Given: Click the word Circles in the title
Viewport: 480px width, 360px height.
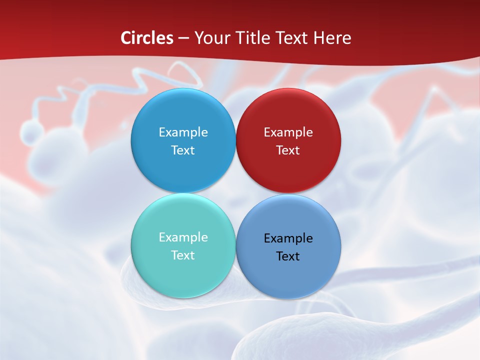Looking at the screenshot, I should click(x=147, y=38).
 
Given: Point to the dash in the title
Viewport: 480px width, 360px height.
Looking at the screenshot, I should click(x=183, y=38).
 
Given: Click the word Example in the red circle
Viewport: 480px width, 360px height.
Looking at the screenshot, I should click(x=288, y=132).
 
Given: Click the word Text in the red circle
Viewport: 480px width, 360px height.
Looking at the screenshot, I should click(x=288, y=150).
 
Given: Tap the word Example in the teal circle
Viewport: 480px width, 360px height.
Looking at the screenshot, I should click(x=183, y=237).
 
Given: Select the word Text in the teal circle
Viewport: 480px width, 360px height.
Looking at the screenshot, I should click(x=183, y=255).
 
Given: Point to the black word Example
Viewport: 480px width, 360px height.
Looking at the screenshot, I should click(x=288, y=238).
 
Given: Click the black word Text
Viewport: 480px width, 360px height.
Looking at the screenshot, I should click(x=288, y=256).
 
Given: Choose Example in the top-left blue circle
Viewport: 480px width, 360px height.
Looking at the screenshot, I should click(x=183, y=132).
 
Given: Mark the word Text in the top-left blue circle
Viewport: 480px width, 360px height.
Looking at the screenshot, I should click(x=183, y=150).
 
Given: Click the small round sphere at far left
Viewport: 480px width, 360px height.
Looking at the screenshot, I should click(x=32, y=132).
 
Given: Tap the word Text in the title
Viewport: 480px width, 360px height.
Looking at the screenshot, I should click(x=295, y=38).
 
